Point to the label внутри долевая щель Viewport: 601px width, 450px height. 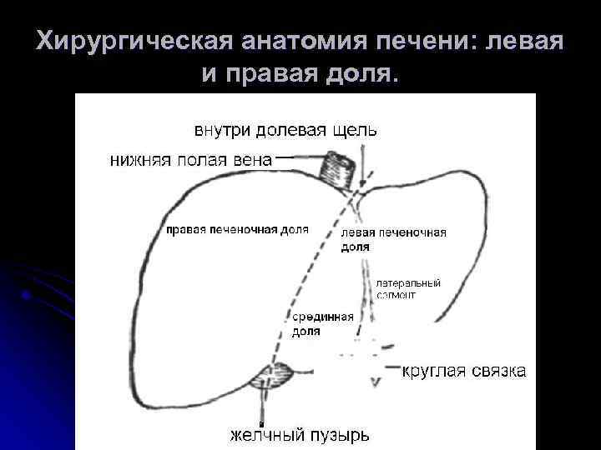pos(285,131)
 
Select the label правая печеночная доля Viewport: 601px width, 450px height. pos(237,229)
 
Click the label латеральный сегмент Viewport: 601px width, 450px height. pos(408,288)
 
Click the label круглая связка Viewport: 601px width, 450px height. pos(465,371)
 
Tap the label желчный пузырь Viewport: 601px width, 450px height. pos(300,435)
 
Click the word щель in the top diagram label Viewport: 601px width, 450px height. pos(355,131)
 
